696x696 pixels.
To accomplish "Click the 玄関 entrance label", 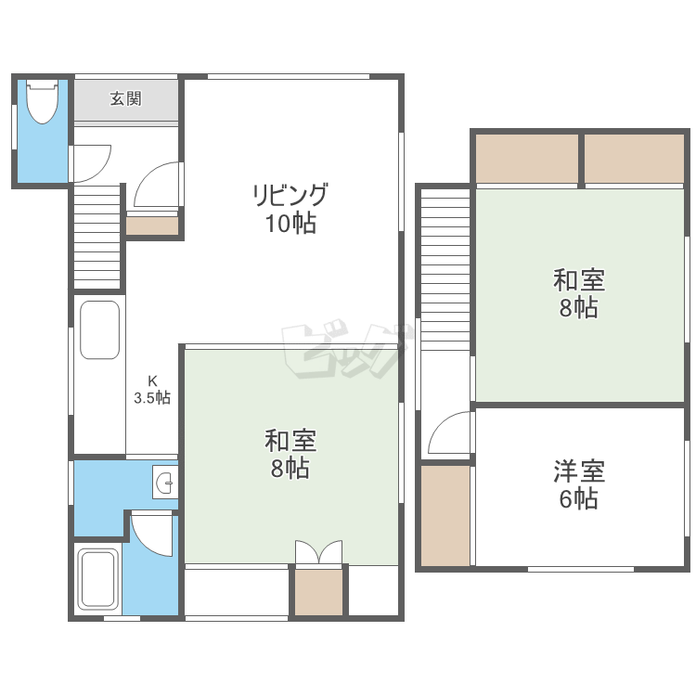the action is coord(126,98).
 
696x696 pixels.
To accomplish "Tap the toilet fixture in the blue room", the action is coord(43,102).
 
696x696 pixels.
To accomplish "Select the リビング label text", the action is coord(290,195).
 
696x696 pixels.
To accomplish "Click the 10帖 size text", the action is coord(290,224).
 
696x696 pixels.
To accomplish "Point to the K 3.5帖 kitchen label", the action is coord(152,389).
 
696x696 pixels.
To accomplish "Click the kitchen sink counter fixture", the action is coord(99,329).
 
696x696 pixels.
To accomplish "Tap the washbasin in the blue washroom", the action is coord(165,482).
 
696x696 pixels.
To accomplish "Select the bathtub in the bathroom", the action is coord(98,579).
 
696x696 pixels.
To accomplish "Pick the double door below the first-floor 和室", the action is coord(318,552).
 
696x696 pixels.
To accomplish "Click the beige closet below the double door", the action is coord(318,593).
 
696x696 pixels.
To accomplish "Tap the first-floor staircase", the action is coord(97,238).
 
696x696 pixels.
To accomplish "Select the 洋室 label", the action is coord(579,470).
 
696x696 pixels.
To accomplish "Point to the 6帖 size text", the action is coord(578,498).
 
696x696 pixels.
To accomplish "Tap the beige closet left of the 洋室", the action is coord(445,516).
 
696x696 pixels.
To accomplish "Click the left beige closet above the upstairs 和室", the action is coord(527,159).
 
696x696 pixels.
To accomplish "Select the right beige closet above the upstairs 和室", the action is coord(635,159).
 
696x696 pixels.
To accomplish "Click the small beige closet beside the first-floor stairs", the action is coord(152,226).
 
